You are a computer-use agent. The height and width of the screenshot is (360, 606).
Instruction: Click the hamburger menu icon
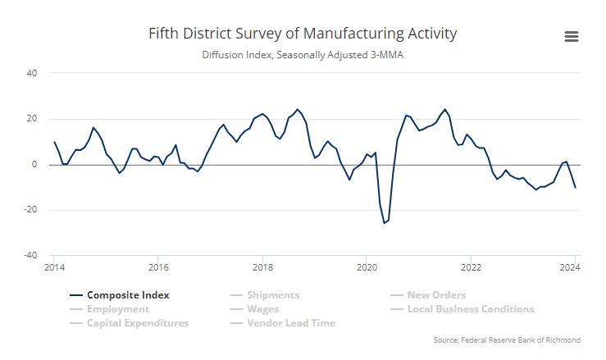572,36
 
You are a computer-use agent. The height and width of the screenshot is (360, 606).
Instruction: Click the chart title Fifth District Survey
303,34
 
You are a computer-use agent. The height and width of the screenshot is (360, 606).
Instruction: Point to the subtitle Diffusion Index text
303,56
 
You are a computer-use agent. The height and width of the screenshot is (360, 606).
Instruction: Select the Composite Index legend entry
128,295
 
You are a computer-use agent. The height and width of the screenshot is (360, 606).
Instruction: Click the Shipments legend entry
273,295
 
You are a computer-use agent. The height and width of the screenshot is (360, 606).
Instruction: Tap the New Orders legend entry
436,295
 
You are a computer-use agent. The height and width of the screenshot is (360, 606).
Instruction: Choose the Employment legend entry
117,309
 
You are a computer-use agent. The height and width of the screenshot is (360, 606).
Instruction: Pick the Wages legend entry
262,309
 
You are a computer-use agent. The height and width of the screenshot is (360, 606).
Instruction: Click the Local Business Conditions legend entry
470,309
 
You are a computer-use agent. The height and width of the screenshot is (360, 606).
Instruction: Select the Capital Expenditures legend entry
137,323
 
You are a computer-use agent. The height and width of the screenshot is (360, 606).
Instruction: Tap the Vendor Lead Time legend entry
290,323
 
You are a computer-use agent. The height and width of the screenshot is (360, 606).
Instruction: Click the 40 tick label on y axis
32,73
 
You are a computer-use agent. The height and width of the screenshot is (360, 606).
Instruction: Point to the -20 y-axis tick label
30,210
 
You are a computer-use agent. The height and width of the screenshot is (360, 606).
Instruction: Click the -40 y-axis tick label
30,256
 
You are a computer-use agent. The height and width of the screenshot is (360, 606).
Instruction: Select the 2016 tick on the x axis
158,267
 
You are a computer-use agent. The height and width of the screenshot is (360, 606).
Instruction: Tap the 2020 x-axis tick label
367,267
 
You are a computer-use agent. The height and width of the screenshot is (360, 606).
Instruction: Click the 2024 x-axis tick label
574,267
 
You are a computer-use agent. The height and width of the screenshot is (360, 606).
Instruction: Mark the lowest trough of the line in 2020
384,223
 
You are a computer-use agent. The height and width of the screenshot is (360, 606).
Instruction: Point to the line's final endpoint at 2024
575,188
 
